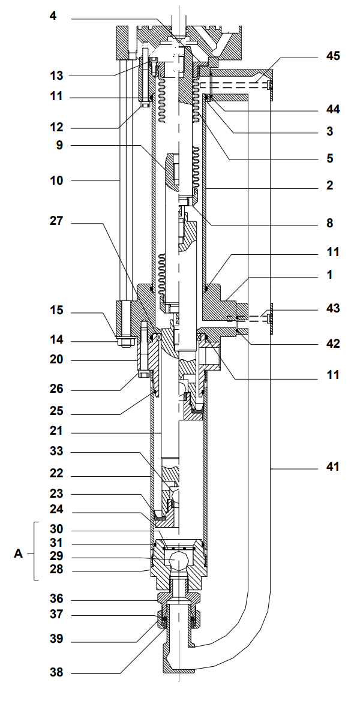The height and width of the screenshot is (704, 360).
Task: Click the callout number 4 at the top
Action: pyautogui.click(x=53, y=16)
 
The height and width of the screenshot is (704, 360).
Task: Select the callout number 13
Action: pyautogui.click(x=56, y=76)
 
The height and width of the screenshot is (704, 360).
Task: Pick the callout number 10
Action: pyautogui.click(x=56, y=180)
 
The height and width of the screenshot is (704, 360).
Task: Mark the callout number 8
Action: pyautogui.click(x=329, y=223)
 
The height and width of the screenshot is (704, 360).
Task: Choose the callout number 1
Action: pyautogui.click(x=329, y=275)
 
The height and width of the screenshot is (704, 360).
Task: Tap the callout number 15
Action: pyautogui.click(x=56, y=311)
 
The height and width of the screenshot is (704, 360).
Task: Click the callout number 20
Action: pyautogui.click(x=56, y=360)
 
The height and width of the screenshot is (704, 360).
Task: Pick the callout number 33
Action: pyautogui.click(x=56, y=451)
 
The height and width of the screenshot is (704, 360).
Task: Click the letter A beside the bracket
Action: pyautogui.click(x=18, y=553)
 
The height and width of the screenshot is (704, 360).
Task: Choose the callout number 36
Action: pyautogui.click(x=56, y=599)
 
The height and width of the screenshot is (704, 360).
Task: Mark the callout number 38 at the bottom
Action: pyautogui.click(x=56, y=673)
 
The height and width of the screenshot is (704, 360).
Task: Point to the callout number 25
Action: pyautogui.click(x=56, y=412)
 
